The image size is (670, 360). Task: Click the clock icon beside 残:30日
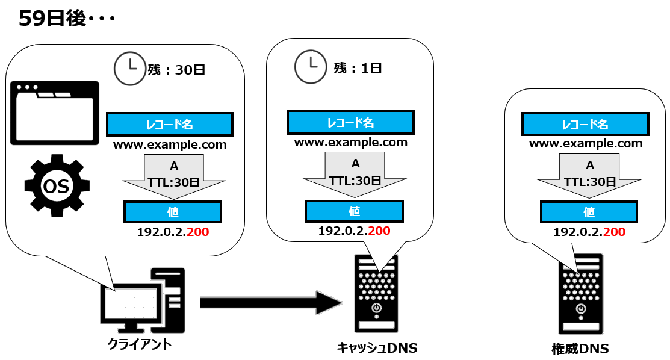point(128,68)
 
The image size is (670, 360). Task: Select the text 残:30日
point(177,70)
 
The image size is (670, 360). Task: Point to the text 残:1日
point(358,68)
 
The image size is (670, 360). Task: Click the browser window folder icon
point(54,113)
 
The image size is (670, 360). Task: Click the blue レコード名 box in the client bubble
point(170,125)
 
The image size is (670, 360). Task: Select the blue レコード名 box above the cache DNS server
point(350,123)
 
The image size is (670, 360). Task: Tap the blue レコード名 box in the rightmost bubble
point(585,125)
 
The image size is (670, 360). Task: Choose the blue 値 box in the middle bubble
point(355,211)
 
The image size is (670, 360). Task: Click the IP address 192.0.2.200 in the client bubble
point(173,232)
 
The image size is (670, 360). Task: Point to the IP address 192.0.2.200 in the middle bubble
point(354,231)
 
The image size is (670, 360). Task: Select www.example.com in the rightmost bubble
point(586,144)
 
